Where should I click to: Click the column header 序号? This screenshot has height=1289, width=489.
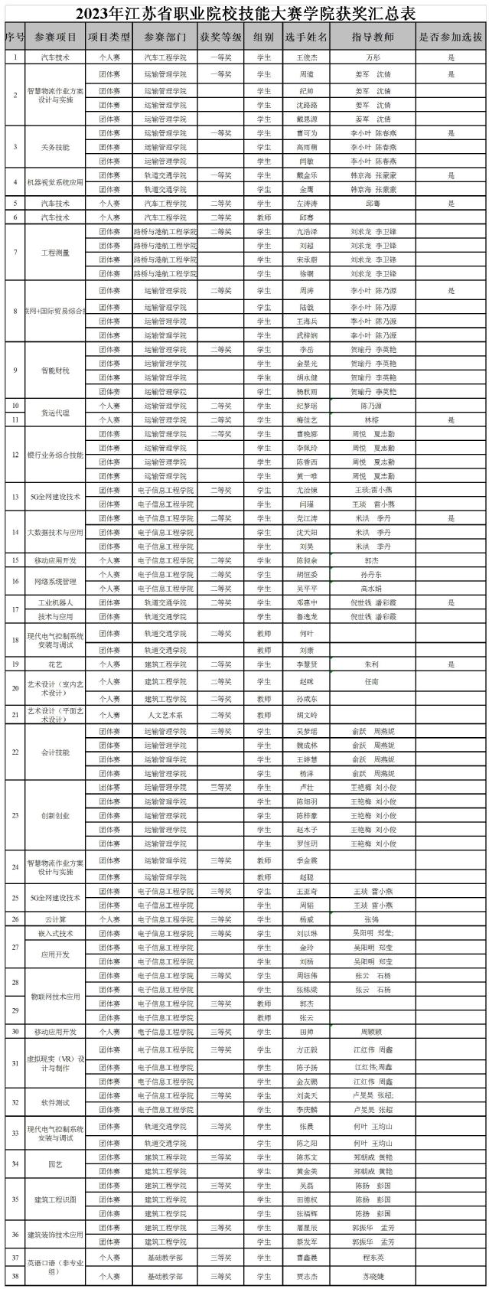(15, 36)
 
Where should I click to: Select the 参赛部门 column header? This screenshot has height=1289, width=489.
(165, 36)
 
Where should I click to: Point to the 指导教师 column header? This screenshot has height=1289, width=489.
(373, 36)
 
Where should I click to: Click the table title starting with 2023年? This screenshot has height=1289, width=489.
(245, 13)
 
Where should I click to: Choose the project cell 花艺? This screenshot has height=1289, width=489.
(55, 664)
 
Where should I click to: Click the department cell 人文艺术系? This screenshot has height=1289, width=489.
(165, 714)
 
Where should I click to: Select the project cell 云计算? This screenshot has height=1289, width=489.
(55, 919)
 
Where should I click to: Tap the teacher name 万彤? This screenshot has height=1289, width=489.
(373, 57)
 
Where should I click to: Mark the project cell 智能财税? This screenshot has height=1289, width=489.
(55, 370)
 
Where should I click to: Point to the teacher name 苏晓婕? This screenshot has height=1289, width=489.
(373, 1276)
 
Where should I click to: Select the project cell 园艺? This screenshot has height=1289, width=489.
(55, 1164)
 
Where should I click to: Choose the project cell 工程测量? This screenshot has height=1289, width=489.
(55, 253)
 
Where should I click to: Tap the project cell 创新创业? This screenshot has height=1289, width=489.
(55, 815)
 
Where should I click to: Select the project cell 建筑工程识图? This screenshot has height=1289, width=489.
(55, 1199)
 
